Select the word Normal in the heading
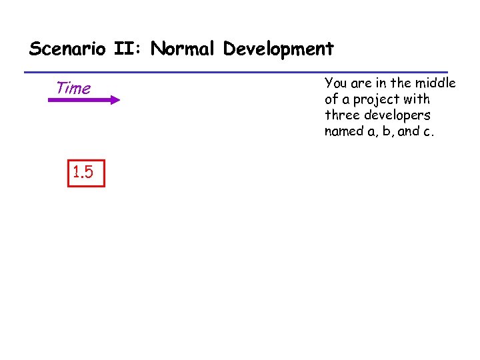click(x=183, y=49)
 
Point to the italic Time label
click(x=73, y=87)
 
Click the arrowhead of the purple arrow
click(x=115, y=100)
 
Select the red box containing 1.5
click(x=86, y=173)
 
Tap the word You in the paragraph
click(x=335, y=83)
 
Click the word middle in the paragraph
click(x=437, y=83)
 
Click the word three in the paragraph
click(x=341, y=115)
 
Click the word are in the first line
click(x=359, y=84)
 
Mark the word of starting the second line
click(x=331, y=99)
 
